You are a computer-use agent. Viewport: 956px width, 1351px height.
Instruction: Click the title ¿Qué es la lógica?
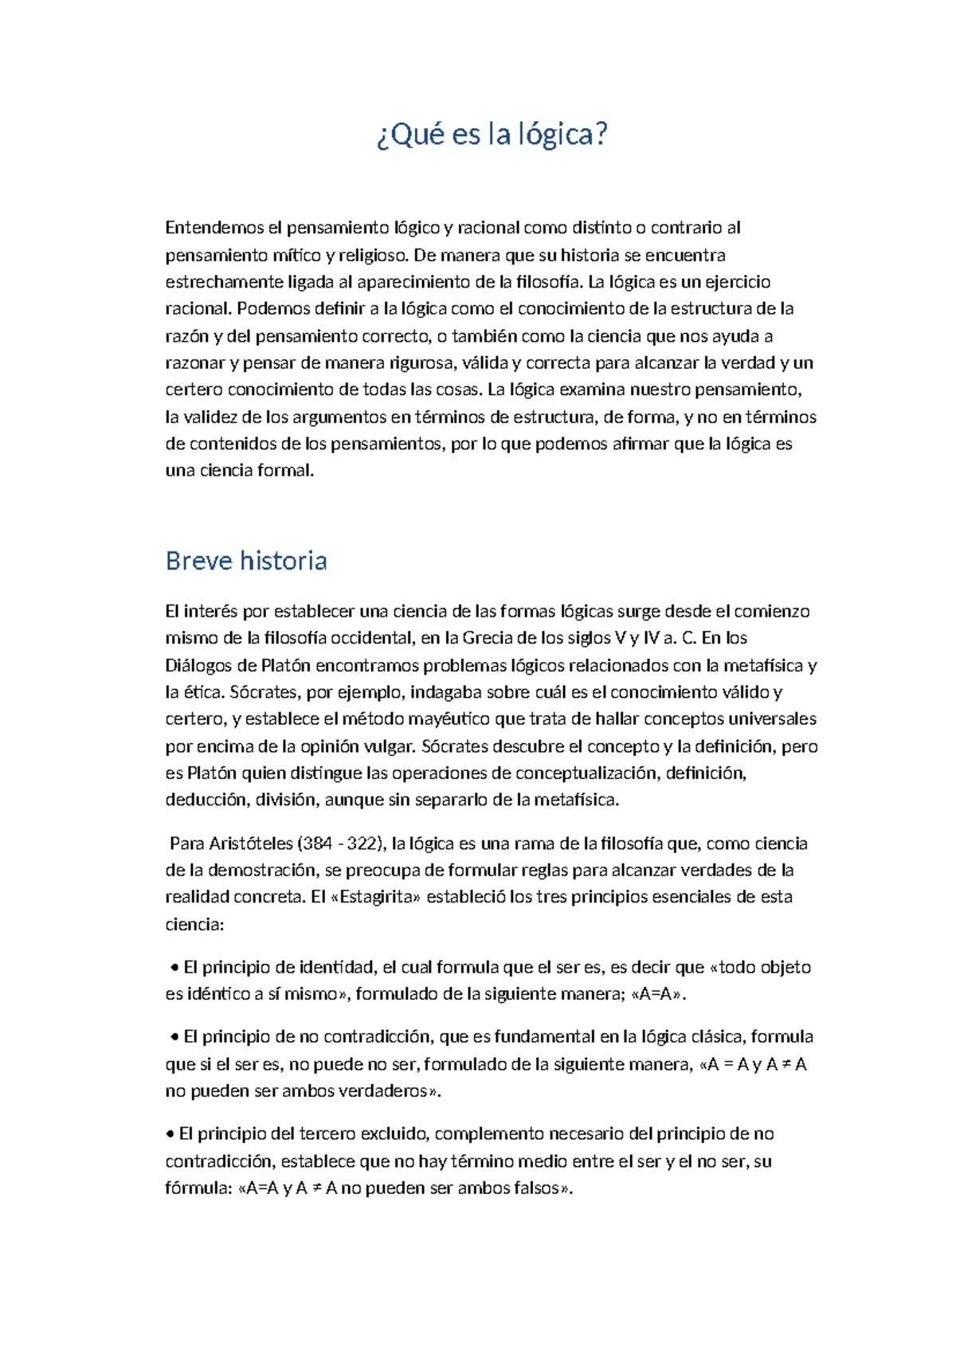492,135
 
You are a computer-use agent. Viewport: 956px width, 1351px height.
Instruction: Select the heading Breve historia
246,561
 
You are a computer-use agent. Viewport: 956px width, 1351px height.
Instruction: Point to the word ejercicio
738,282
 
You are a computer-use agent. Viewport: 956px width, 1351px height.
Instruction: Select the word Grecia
488,638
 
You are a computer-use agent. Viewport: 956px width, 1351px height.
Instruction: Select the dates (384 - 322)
340,844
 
